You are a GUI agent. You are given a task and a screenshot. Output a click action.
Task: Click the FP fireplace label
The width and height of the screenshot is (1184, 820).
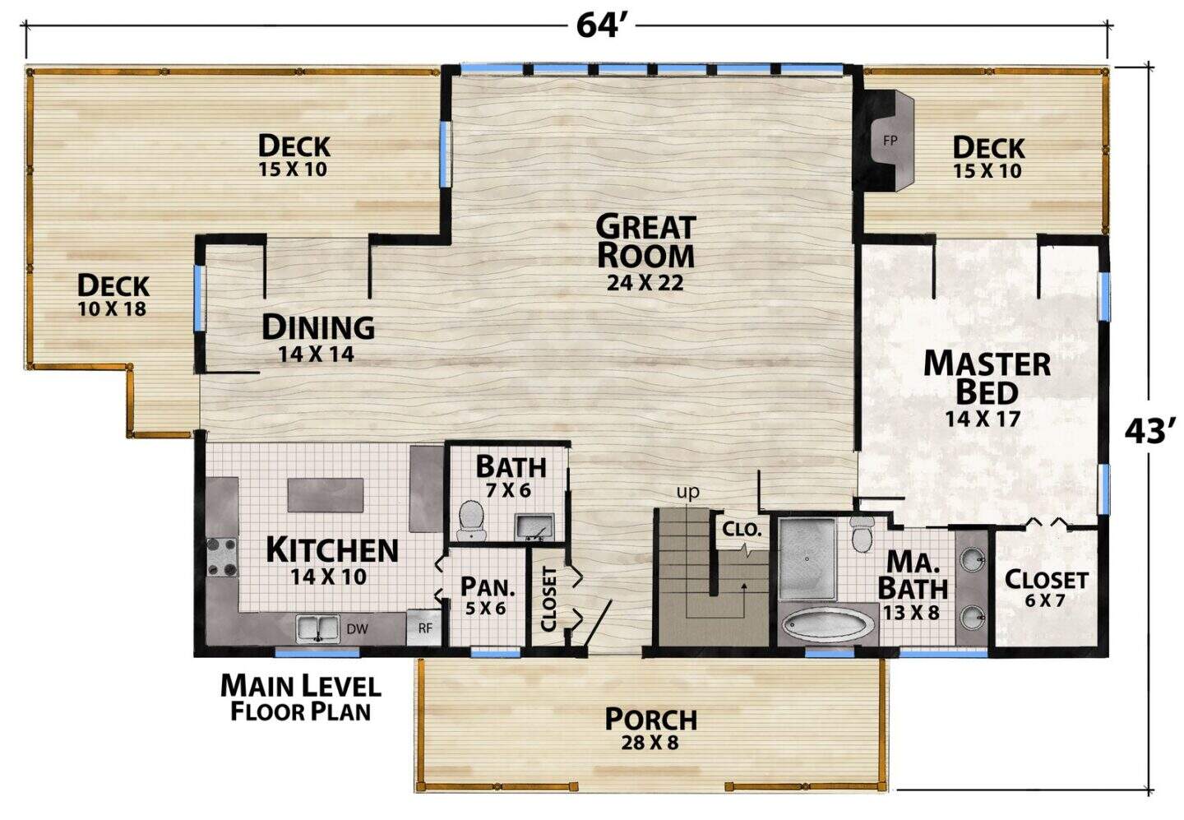[890, 141]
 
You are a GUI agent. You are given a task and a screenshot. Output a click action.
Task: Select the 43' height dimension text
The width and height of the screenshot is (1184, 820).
[1150, 431]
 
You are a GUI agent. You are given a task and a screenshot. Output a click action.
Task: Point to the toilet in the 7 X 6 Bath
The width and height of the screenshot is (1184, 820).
[471, 521]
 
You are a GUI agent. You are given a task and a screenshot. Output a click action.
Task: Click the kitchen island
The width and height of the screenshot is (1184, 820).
[326, 495]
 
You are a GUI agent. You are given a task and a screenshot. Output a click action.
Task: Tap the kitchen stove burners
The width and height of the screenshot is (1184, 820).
[222, 557]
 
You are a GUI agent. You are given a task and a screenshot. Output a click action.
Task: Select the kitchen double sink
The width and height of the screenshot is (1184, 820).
[317, 628]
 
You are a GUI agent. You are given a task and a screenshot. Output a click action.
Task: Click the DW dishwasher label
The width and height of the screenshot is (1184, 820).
[358, 628]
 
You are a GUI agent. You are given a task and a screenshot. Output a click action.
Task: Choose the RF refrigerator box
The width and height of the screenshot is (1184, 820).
[424, 628]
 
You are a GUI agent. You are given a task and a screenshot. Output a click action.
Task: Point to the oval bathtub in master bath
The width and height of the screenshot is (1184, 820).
[828, 625]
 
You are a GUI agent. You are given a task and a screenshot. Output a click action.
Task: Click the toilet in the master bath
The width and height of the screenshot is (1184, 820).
[863, 534]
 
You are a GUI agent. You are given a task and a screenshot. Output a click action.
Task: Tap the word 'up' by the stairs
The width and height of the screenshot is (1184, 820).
[687, 492]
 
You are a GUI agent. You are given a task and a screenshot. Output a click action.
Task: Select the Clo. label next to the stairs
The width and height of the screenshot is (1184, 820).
[741, 529]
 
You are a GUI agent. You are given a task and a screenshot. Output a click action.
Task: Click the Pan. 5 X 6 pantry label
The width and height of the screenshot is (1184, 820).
[488, 595]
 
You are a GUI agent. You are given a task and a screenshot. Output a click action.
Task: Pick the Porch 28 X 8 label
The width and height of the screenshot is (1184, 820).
[650, 729]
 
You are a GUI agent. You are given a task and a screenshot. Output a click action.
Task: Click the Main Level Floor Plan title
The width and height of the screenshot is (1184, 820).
[300, 697]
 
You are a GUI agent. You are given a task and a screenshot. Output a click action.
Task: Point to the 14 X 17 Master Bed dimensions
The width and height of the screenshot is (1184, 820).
[982, 419]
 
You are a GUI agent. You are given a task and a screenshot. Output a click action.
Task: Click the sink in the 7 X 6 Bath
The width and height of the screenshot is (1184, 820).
[534, 526]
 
